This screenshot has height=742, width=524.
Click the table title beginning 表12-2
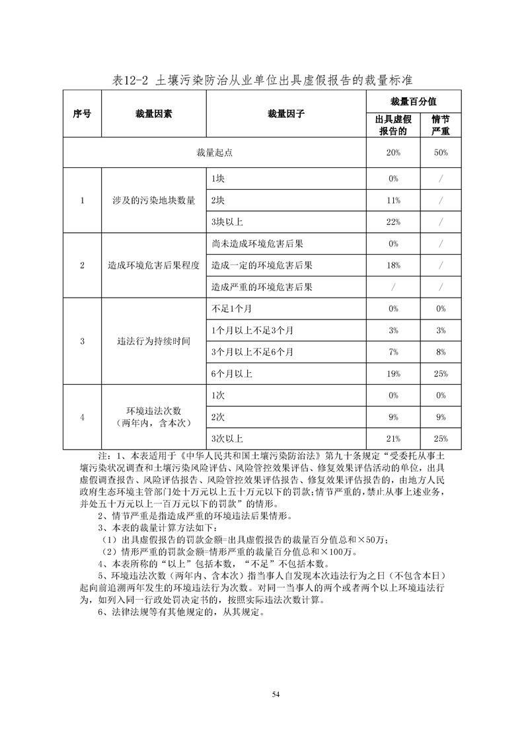pyautogui.click(x=262, y=81)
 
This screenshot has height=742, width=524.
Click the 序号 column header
pyautogui.click(x=82, y=114)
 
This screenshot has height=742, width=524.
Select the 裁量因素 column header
pyautogui.click(x=154, y=114)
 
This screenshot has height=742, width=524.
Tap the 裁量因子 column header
pyautogui.click(x=286, y=114)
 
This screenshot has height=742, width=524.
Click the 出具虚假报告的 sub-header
pyautogui.click(x=393, y=125)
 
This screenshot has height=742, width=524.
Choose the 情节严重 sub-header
pyautogui.click(x=440, y=125)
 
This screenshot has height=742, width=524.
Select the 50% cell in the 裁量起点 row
pyautogui.click(x=440, y=153)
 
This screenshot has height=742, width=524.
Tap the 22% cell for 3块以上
pyautogui.click(x=393, y=222)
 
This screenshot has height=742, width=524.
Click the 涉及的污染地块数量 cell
pyautogui.click(x=154, y=200)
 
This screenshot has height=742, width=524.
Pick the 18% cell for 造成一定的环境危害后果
pyautogui.click(x=393, y=265)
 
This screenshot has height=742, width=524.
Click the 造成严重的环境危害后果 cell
pyautogui.click(x=262, y=287)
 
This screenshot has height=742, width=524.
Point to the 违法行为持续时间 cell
pyautogui.click(x=154, y=341)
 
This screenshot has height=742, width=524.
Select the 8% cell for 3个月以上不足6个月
pyautogui.click(x=440, y=352)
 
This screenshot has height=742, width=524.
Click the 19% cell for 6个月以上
pyautogui.click(x=393, y=374)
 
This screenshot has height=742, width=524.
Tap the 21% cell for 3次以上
pyautogui.click(x=393, y=438)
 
